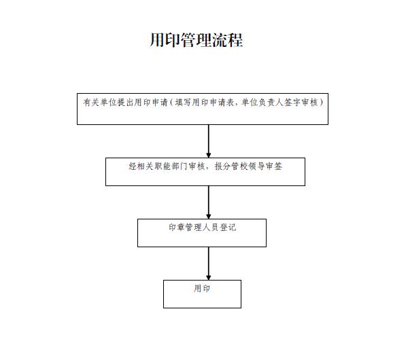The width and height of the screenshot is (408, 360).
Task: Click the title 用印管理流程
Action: pyautogui.click(x=197, y=40)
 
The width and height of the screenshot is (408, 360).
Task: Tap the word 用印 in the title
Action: pyautogui.click(x=165, y=40)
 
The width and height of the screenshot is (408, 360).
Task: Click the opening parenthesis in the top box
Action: pyautogui.click(x=171, y=102)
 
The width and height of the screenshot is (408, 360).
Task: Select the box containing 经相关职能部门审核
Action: pyautogui.click(x=205, y=172)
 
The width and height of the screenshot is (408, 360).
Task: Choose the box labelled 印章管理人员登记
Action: pyautogui.click(x=201, y=232)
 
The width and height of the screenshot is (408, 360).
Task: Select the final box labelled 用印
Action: pyautogui.click(x=202, y=293)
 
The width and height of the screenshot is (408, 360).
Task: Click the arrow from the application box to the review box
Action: pyautogui.click(x=208, y=141)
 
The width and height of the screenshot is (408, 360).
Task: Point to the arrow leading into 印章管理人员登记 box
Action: pyautogui.click(x=208, y=202)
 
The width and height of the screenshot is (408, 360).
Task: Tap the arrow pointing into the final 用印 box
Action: pyautogui.click(x=208, y=263)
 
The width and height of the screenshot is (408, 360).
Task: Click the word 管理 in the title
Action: pyautogui.click(x=197, y=40)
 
